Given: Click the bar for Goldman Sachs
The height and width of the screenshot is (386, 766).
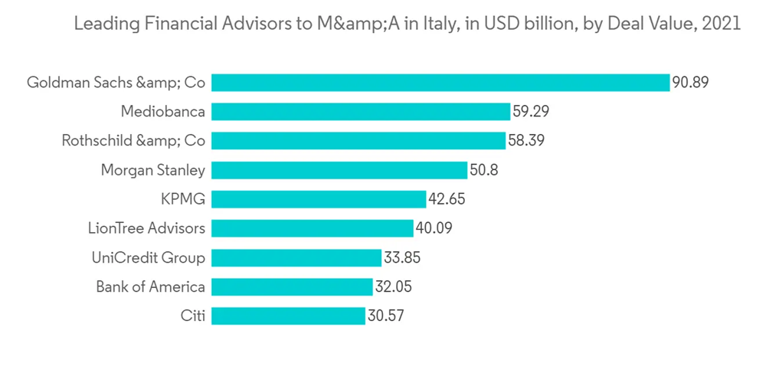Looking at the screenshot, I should pyautogui.click(x=440, y=83).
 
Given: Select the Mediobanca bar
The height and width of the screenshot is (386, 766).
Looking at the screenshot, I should pyautogui.click(x=361, y=112).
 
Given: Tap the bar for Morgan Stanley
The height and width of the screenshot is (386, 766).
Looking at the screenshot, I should pyautogui.click(x=339, y=170).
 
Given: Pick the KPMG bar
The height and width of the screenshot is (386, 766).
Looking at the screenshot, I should pyautogui.click(x=319, y=199).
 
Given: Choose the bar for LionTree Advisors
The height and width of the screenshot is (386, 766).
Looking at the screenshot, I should pyautogui.click(x=313, y=228).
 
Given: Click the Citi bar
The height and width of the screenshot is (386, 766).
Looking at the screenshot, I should pyautogui.click(x=288, y=316).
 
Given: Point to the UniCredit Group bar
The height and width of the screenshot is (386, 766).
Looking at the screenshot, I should pyautogui.click(x=296, y=257).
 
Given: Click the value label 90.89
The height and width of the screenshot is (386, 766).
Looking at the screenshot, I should pyautogui.click(x=690, y=83).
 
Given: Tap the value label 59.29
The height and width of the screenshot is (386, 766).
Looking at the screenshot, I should pyautogui.click(x=531, y=112).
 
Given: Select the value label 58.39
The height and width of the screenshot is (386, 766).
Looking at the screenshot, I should pyautogui.click(x=526, y=141).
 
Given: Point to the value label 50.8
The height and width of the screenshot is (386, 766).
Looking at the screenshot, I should pyautogui.click(x=484, y=170).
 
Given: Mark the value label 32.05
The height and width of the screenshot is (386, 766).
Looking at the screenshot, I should pyautogui.click(x=394, y=286).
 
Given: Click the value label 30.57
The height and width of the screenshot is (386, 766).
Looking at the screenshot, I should pyautogui.click(x=385, y=316).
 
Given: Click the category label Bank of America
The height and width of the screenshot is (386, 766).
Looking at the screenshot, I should pyautogui.click(x=150, y=286).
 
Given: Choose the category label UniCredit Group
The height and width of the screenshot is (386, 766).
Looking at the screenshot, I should pyautogui.click(x=148, y=257).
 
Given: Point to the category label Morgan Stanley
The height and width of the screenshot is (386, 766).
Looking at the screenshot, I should pyautogui.click(x=153, y=170).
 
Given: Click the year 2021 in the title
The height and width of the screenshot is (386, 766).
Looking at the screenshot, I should pyautogui.click(x=721, y=24).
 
